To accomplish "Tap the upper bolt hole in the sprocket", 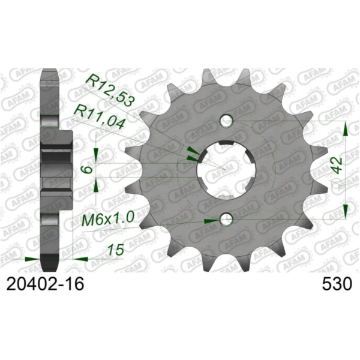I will point(226,121).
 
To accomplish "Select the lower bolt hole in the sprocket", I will point(226,220).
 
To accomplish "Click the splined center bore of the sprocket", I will point(226,170).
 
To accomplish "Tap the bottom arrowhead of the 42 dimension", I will point(346,214).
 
